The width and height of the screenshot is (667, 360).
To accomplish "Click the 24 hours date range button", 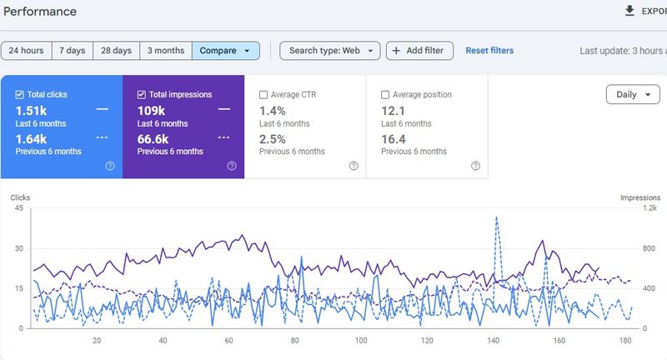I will tap(27, 51).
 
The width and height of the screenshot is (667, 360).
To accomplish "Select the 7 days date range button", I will tap(73, 51).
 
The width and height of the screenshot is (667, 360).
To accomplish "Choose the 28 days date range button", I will tap(116, 51).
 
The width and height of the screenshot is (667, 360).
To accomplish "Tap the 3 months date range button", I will tap(166, 51).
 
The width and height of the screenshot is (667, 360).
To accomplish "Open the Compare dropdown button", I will tap(226, 51).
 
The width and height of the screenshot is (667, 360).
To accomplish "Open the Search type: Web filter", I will tap(329, 51).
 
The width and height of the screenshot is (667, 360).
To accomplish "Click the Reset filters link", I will tap(489, 51).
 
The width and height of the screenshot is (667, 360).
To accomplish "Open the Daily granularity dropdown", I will tap(632, 95).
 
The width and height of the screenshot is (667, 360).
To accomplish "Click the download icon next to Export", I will tap(629, 11).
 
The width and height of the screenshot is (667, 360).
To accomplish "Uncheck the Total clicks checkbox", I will tap(20, 95).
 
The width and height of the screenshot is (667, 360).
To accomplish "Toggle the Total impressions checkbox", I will tap(142, 95).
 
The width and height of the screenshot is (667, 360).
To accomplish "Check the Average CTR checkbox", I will tap(263, 95).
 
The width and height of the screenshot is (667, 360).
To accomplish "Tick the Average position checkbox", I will tap(385, 95).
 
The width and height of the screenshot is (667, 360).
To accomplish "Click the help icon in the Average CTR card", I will tap(354, 166).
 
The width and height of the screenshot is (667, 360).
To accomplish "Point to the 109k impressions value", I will tap(151, 110).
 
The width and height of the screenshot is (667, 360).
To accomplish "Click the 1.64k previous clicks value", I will tap(30, 138).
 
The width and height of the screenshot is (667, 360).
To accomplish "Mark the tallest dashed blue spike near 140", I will tap(497, 217).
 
